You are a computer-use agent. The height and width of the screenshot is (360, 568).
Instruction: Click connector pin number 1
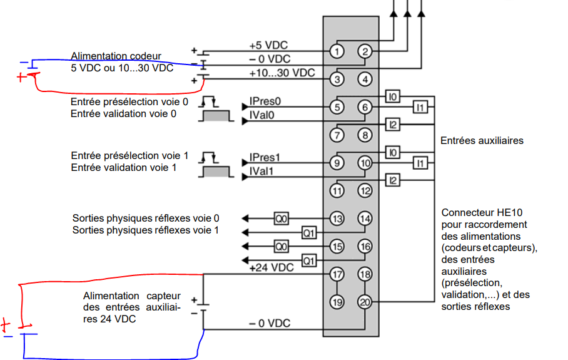coord(337,51)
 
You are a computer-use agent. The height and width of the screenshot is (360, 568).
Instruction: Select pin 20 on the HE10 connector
coord(365,302)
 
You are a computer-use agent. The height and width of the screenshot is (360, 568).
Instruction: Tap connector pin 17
coord(337,274)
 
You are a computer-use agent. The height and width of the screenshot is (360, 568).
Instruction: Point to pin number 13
coord(337,219)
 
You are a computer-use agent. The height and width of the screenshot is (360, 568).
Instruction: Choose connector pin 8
coord(365,135)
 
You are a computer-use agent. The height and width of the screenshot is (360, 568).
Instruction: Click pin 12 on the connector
coord(365,191)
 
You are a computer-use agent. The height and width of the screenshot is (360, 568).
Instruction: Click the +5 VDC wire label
coord(269,46)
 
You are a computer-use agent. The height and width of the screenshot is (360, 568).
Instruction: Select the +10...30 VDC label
coord(281,73)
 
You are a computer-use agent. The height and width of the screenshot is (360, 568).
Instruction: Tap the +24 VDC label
coord(271,268)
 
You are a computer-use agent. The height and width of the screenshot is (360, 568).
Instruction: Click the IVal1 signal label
coord(263,171)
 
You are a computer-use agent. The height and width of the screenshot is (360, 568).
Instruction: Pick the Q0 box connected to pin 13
coord(281,219)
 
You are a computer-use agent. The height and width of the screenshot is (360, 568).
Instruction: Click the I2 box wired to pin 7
coord(393,125)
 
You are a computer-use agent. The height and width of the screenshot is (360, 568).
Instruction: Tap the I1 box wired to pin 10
coord(421,163)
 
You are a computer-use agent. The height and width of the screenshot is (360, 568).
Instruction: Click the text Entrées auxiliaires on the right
coord(482,141)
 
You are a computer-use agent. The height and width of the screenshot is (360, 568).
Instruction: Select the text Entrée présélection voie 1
coord(129,155)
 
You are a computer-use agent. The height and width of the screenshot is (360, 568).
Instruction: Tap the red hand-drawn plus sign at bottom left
coord(6,326)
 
